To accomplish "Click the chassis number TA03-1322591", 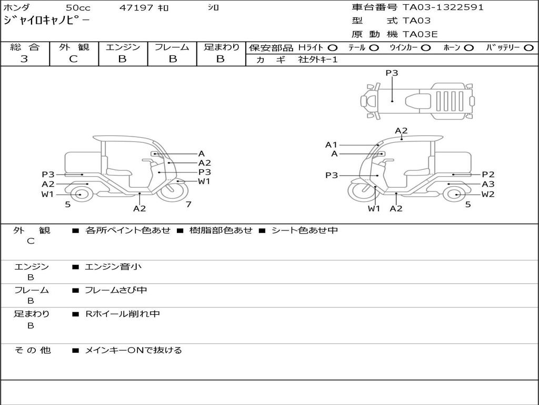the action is [443, 7].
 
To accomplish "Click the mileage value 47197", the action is [136, 8].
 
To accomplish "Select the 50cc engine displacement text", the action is [77, 8].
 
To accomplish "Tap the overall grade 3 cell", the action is [24, 59].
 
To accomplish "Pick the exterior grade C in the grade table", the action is [73, 59].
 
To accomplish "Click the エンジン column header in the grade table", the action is [123, 47].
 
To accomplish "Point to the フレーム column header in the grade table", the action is [172, 47].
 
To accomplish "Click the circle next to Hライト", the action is [333, 47].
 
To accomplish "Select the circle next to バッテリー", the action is [528, 47].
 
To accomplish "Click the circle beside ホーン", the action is [468, 47].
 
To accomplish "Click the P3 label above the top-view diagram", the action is [392, 73].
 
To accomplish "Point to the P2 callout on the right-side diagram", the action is [488, 175].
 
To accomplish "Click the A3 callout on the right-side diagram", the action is [488, 184].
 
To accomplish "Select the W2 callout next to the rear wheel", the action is [488, 194].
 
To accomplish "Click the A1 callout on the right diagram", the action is [331, 144].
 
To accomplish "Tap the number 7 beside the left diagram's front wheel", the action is [188, 204].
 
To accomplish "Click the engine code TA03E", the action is [420, 34].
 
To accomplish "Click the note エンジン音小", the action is [113, 267].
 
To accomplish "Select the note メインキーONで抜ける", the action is [133, 350].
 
